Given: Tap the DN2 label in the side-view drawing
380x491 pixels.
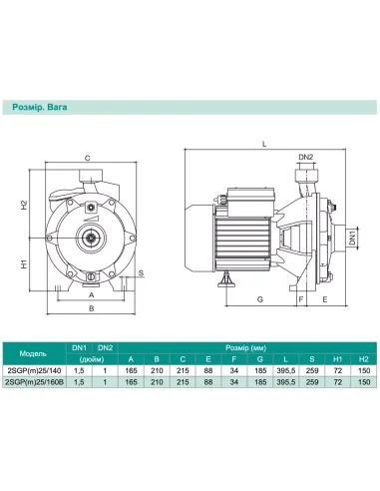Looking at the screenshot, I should pyautogui.click(x=307, y=158).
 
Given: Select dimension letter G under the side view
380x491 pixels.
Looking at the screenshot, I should pyautogui.click(x=258, y=298).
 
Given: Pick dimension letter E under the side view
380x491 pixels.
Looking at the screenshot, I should pyautogui.click(x=325, y=298).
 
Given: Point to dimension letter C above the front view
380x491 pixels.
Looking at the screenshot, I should pyautogui.click(x=87, y=158).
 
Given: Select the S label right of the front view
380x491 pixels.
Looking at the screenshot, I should pyautogui.click(x=141, y=272).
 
